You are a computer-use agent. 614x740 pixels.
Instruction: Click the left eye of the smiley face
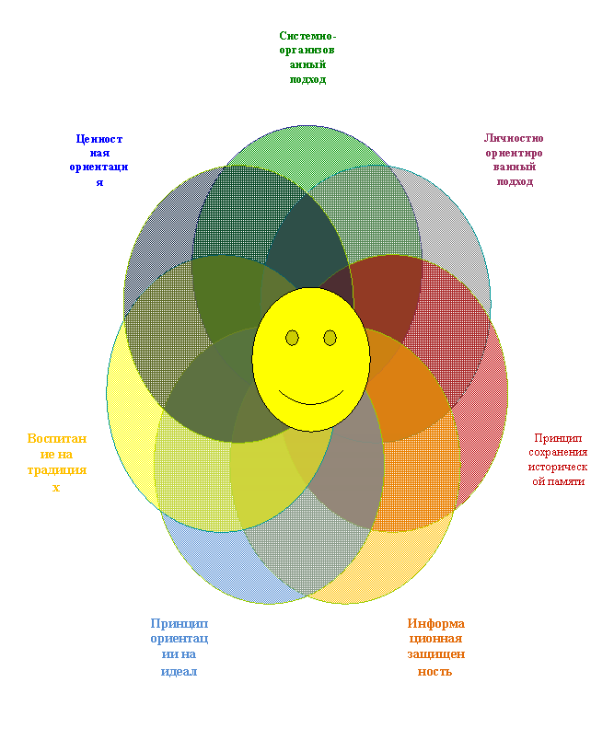pyautogui.click(x=292, y=338)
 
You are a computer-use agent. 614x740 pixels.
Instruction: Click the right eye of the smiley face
pyautogui.click(x=330, y=338)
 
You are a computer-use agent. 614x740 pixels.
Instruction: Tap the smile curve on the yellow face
pyautogui.click(x=311, y=399)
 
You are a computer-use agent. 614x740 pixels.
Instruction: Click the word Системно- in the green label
pyautogui.click(x=307, y=36)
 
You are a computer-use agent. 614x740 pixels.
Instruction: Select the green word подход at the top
pyautogui.click(x=307, y=79)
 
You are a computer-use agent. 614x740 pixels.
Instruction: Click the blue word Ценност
pyautogui.click(x=99, y=139)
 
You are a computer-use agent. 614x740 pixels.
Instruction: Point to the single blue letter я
pyautogui.click(x=99, y=182)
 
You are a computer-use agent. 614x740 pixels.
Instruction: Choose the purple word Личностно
pyautogui.click(x=514, y=138)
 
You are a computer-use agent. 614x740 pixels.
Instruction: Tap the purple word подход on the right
pyautogui.click(x=515, y=181)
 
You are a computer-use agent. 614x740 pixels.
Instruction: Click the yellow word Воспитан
pyautogui.click(x=57, y=438)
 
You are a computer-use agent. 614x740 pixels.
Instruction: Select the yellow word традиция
pyautogui.click(x=57, y=470)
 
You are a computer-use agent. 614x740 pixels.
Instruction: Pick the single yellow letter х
pyautogui.click(x=56, y=488)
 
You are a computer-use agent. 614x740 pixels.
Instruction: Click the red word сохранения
pyautogui.click(x=558, y=452)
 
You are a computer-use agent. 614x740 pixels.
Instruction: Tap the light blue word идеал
pyautogui.click(x=179, y=671)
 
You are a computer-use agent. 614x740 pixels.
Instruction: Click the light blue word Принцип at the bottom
pyautogui.click(x=180, y=624)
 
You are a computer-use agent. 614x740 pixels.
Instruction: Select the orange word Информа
pyautogui.click(x=436, y=623)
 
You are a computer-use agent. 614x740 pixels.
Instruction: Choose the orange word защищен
pyautogui.click(x=436, y=654)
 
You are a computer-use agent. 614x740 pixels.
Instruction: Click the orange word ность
pyautogui.click(x=434, y=671)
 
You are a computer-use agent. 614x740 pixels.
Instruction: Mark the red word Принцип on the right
pyautogui.click(x=558, y=438)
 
